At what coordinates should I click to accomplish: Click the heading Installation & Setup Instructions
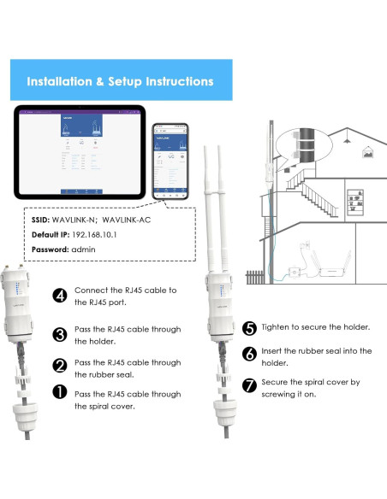(120, 82)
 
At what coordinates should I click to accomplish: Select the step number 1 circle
(60, 392)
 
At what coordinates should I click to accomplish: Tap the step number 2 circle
(60, 366)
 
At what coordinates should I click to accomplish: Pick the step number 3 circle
(60, 335)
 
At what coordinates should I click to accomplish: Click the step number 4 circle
(60, 296)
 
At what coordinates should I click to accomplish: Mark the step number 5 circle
(250, 328)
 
